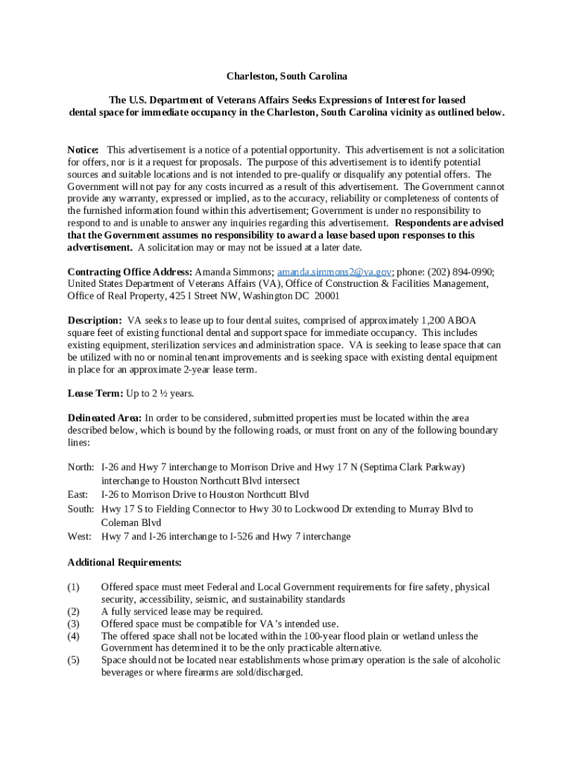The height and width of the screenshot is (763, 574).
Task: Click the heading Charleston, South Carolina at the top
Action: (287, 77)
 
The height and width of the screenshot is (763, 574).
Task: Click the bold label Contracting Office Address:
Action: (130, 271)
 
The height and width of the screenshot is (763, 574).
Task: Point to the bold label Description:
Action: (95, 320)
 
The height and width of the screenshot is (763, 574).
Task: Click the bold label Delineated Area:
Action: (104, 418)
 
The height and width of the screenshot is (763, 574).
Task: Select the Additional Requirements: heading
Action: (124, 562)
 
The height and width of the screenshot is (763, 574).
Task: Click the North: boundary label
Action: (81, 467)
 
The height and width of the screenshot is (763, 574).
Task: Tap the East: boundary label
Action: (78, 495)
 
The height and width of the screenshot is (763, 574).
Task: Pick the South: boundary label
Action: (81, 509)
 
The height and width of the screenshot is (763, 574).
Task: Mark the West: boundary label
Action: (80, 536)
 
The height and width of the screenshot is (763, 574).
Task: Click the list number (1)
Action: (73, 587)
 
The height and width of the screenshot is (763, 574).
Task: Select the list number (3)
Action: (73, 624)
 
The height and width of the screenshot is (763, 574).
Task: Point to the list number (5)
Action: (73, 660)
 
